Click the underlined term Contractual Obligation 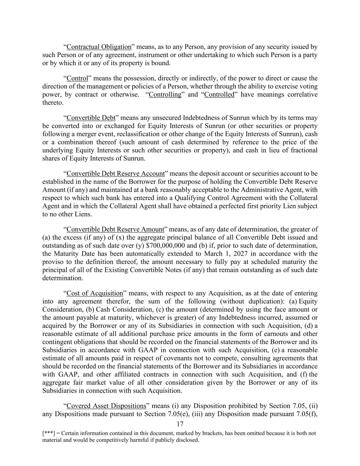(99, 47)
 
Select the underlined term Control (77, 78)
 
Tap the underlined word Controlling (165, 95)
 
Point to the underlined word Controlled (219, 95)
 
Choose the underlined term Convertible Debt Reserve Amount (115, 229)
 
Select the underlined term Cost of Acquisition (95, 293)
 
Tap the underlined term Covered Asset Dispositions (106, 406)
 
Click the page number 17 (180, 424)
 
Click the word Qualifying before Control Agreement (192, 198)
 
